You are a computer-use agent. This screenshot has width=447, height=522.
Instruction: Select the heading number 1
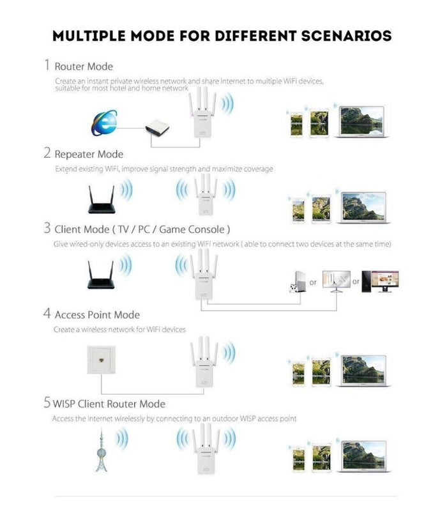tap(47, 65)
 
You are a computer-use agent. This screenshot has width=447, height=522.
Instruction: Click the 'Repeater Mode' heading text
tap(89, 154)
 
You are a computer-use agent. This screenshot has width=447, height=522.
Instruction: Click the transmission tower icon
tap(101, 450)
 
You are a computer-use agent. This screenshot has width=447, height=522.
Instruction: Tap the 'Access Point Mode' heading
tap(97, 314)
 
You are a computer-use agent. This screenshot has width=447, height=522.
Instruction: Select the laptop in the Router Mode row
tap(361, 121)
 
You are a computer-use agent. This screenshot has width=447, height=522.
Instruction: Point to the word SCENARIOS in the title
tap(342, 35)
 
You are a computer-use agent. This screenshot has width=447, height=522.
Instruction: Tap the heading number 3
tap(47, 228)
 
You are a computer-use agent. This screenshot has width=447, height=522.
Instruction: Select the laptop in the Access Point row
tap(364, 369)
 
